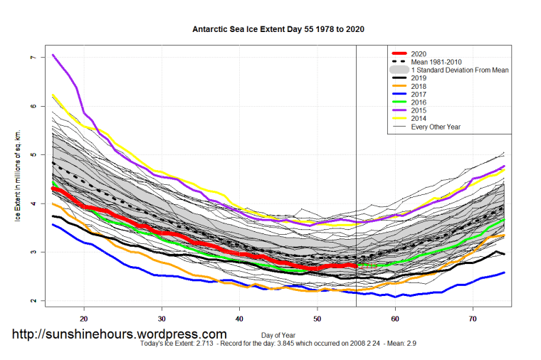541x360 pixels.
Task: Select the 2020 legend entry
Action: (x=421, y=53)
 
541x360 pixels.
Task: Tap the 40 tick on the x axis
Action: (x=239, y=319)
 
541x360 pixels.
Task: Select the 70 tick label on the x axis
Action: (x=473, y=319)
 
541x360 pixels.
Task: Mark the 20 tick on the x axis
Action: (x=84, y=319)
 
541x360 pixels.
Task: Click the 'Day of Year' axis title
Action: (x=278, y=334)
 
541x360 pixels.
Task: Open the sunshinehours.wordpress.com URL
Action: (x=120, y=334)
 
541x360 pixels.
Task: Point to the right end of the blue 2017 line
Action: (x=504, y=272)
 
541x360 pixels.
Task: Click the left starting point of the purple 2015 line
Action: (x=53, y=55)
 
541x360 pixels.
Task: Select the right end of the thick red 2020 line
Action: (x=356, y=265)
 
